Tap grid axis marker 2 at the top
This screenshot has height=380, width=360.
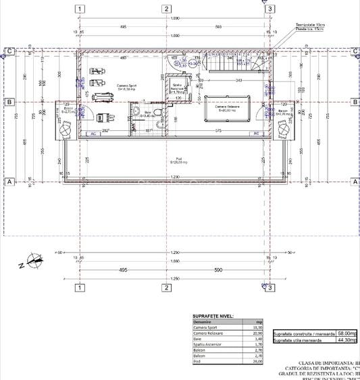[165, 9]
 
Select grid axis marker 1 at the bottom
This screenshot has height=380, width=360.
[80, 288]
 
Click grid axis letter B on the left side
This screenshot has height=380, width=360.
[10, 102]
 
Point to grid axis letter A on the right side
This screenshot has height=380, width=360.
[355, 182]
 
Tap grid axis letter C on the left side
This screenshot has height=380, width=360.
[10, 51]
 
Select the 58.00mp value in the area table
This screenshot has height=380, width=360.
[347, 333]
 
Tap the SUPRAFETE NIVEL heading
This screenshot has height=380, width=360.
[213, 316]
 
